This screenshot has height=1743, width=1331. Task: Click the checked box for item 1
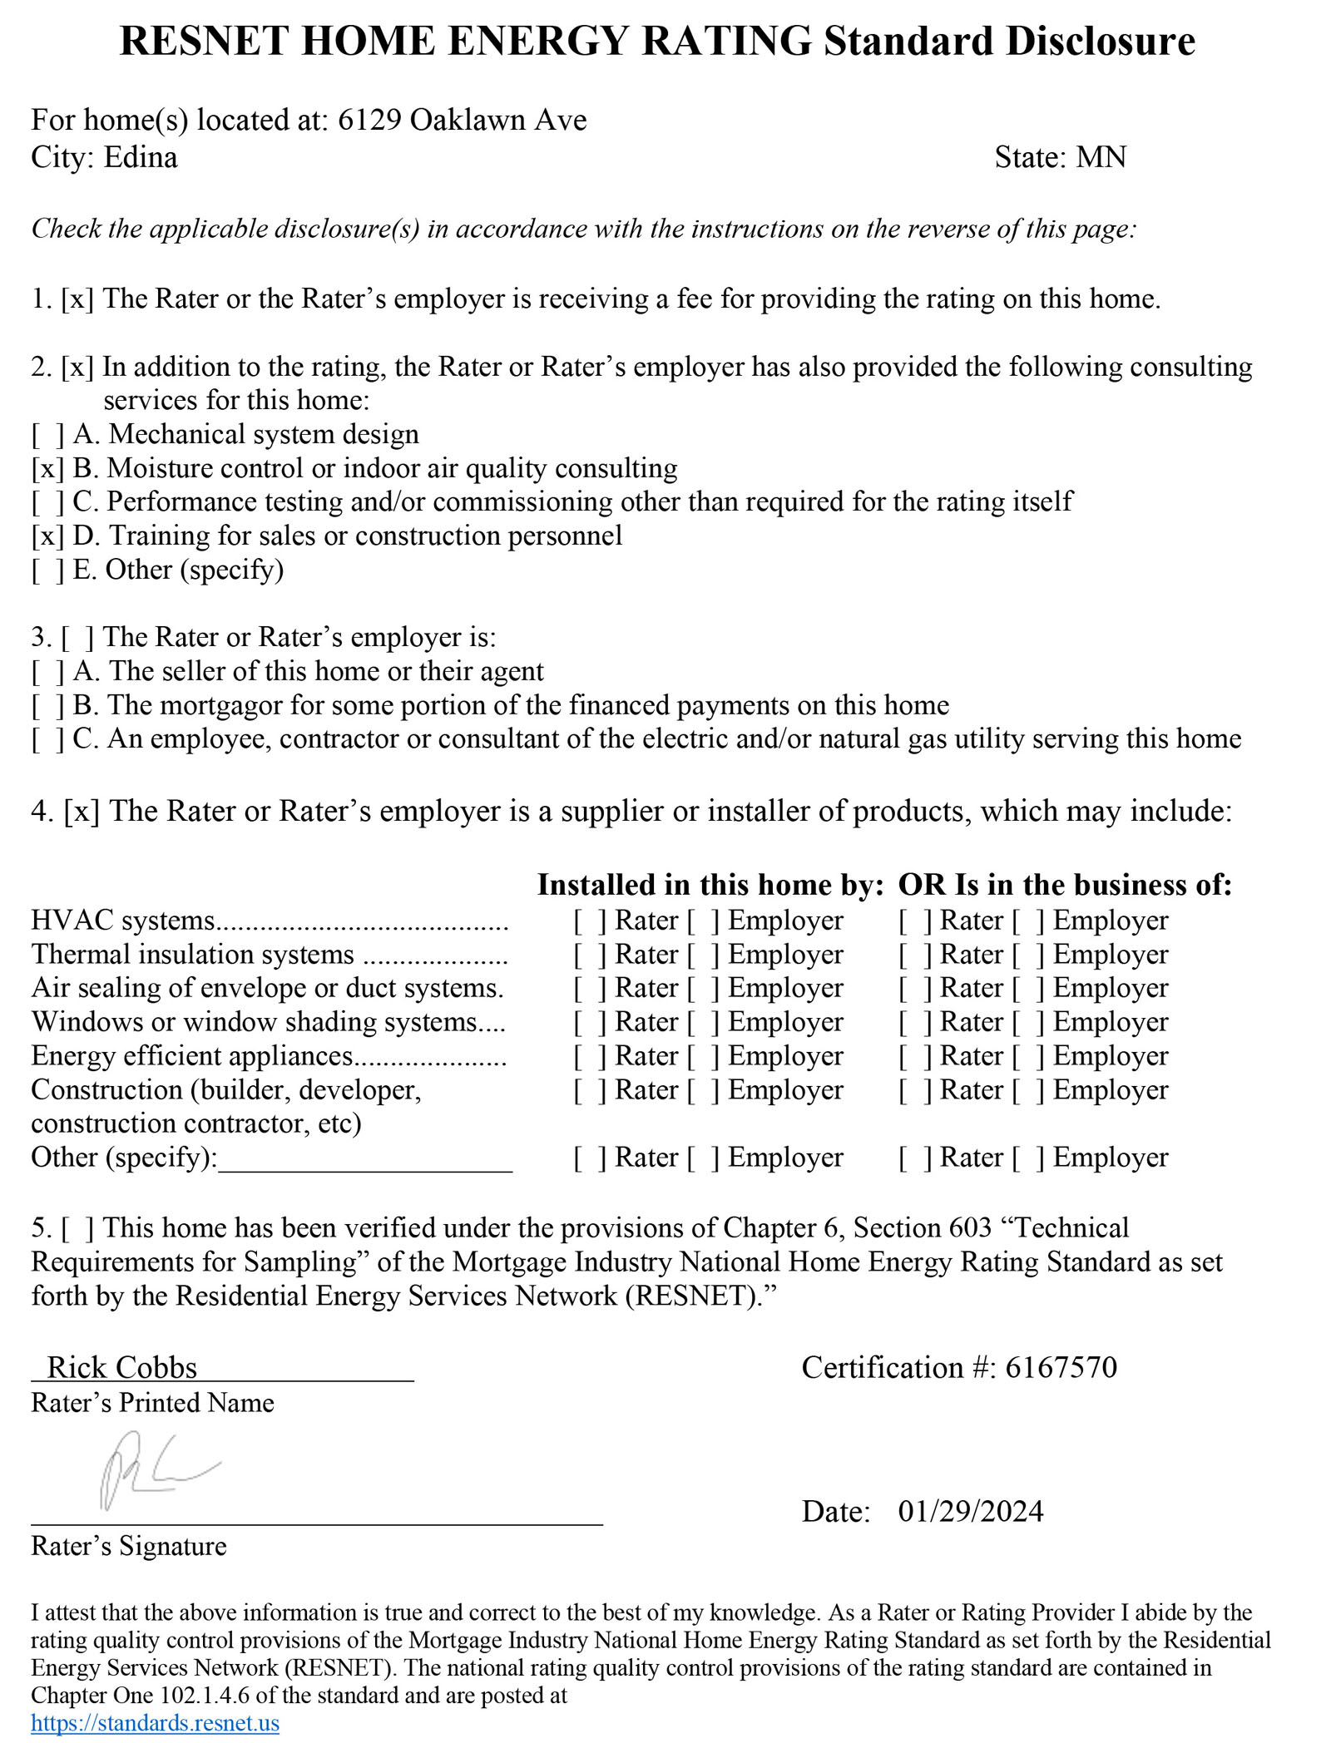pos(77,299)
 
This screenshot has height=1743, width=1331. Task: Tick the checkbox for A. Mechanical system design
pos(48,435)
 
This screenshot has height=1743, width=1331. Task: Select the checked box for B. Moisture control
pos(48,469)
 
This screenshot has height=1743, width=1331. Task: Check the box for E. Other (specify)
pos(48,570)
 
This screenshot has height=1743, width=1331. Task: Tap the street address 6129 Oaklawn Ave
pos(462,121)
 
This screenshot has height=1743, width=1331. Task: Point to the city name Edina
pos(140,158)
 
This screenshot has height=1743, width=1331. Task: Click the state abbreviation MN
pos(1101,158)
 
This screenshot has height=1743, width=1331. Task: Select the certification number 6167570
pos(1061,1368)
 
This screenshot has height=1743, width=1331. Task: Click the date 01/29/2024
pos(970,1511)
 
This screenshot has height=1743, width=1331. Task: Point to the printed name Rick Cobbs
pos(122,1368)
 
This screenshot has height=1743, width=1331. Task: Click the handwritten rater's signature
pos(154,1470)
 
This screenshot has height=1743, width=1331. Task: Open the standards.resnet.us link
pos(155,1722)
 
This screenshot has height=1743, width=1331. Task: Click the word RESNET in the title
pos(204,42)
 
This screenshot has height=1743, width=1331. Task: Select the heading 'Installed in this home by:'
pos(710,885)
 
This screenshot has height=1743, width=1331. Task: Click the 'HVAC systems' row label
pos(123,921)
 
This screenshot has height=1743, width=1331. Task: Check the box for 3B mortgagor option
pos(48,706)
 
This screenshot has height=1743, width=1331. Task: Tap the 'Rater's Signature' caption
pos(129,1546)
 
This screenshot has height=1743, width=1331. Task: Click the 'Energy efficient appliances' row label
pos(192,1056)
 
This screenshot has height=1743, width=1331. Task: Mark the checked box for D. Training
pos(48,536)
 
